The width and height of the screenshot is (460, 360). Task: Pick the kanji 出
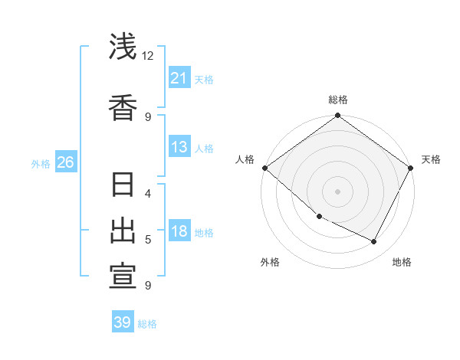tap(123, 231)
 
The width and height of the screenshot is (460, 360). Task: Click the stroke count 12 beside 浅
tap(148, 56)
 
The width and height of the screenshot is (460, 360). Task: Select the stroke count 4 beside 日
tap(148, 193)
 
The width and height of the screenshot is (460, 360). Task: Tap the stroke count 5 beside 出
tap(148, 240)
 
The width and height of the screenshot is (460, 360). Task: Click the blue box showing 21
tap(179, 78)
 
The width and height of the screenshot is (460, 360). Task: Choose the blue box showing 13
tap(179, 147)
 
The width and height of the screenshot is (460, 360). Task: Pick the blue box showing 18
tap(179, 231)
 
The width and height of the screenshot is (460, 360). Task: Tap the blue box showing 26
tap(65, 162)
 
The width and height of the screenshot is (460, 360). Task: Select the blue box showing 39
tap(123, 322)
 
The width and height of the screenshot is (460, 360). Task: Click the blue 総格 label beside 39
tap(147, 324)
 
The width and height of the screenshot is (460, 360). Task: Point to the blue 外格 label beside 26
tap(41, 163)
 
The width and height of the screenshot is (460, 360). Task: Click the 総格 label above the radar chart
tap(338, 100)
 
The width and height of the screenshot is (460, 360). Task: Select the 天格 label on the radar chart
tap(431, 159)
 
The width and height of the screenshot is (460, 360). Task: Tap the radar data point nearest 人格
tap(264, 168)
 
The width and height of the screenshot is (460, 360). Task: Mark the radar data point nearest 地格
tap(374, 242)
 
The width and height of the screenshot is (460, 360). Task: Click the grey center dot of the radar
tap(337, 191)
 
